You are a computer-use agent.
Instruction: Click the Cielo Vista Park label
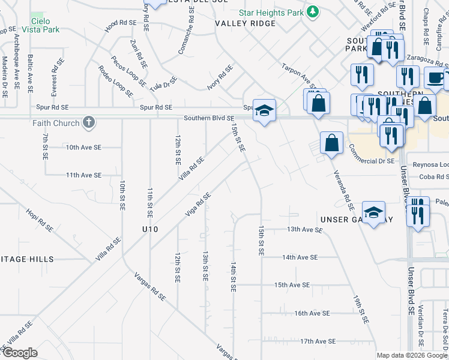tap(40, 25)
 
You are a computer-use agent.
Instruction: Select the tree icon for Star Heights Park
tap(312, 12)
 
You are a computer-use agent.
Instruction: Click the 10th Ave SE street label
tap(81, 147)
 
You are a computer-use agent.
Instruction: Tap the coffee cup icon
tap(435, 77)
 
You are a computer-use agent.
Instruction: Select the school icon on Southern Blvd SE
tap(264, 111)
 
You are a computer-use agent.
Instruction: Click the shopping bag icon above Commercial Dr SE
tap(331, 143)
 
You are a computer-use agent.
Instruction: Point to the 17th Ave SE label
tap(317, 341)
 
